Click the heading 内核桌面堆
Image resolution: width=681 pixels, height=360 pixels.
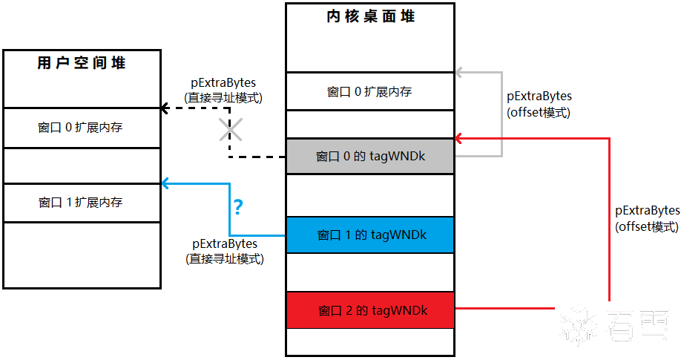pyautogui.click(x=370, y=16)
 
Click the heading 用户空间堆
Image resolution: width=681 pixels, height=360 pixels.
pyautogui.click(x=82, y=63)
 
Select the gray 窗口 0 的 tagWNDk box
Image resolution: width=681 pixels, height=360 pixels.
pyautogui.click(x=370, y=157)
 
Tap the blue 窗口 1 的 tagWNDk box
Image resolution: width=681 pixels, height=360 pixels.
pyautogui.click(x=370, y=235)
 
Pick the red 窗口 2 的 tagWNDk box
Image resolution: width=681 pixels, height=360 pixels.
pyautogui.click(x=370, y=310)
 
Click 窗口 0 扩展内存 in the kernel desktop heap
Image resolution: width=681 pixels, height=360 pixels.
pyautogui.click(x=369, y=92)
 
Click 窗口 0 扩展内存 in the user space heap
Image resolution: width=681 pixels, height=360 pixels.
pyautogui.click(x=82, y=128)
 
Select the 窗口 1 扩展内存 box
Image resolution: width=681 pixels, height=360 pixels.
pyautogui.click(x=82, y=202)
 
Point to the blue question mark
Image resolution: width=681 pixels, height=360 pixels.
pyautogui.click(x=238, y=206)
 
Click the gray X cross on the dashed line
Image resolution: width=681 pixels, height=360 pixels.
pyautogui.click(x=230, y=131)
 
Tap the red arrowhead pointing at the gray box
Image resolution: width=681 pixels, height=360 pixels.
pyautogui.click(x=459, y=138)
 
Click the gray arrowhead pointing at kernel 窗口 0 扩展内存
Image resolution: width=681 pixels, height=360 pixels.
pyautogui.click(x=459, y=73)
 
